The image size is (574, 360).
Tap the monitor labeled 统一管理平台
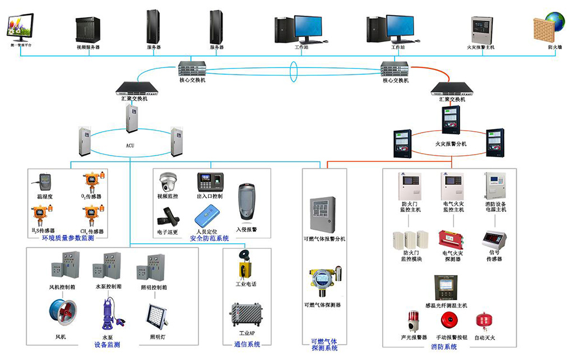[x=21, y=26]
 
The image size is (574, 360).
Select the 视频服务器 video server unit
[x=88, y=29]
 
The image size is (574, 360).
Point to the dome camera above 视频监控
[x=168, y=182]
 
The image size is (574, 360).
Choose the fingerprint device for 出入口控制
[x=210, y=182]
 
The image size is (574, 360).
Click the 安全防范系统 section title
[x=209, y=238]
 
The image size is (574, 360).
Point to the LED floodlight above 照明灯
[x=156, y=316]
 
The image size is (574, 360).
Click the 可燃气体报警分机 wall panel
[x=323, y=213]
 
